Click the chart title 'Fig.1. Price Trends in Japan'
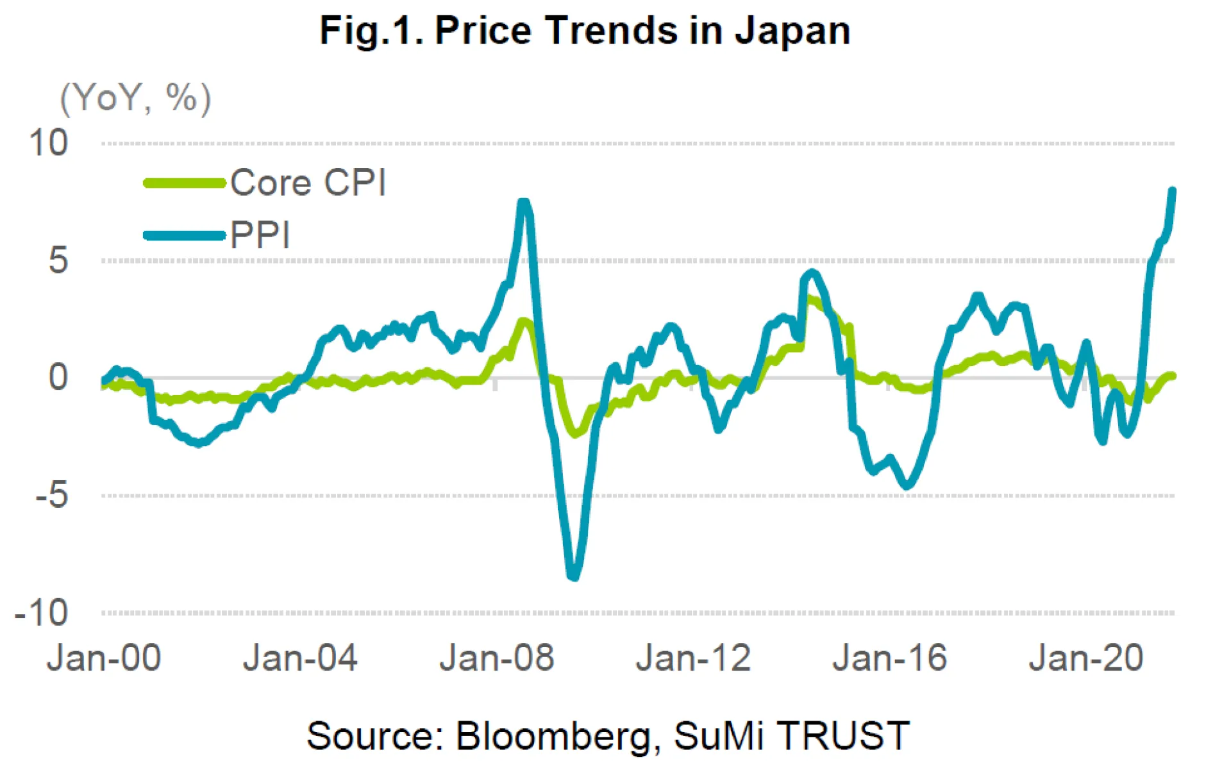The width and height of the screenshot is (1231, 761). pos(585,30)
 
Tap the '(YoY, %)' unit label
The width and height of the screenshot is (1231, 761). pos(135,98)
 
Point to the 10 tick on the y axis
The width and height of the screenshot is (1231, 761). pos(48,142)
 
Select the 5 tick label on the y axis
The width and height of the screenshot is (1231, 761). pos(58,260)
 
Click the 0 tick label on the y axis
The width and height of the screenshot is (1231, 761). pos(58,377)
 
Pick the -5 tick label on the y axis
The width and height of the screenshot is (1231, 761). pos(51,495)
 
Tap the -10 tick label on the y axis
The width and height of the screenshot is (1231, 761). pos(42,613)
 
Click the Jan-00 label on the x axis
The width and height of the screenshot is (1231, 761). pos(104,658)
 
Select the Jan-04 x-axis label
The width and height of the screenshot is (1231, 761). pos(300,658)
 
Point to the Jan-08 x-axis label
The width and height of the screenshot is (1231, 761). pos(497,658)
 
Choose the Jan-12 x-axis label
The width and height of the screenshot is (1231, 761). pos(693,658)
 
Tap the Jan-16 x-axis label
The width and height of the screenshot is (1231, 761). pos(890,658)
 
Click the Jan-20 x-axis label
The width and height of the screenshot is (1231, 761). pos(1086,658)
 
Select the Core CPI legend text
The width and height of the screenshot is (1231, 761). pos(308,183)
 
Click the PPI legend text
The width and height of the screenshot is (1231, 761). pos(260,235)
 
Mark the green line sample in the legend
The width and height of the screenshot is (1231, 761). pos(185,183)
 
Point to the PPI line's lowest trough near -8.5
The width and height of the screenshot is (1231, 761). pos(574,576)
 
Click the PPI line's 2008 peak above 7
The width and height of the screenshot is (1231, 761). pos(524,203)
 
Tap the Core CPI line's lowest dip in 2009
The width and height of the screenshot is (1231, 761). pos(575,433)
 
